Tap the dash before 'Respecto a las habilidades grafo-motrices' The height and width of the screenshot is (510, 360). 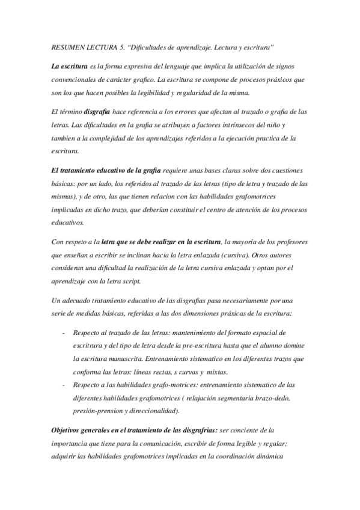64,385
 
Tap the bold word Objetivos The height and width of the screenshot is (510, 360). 70,431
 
